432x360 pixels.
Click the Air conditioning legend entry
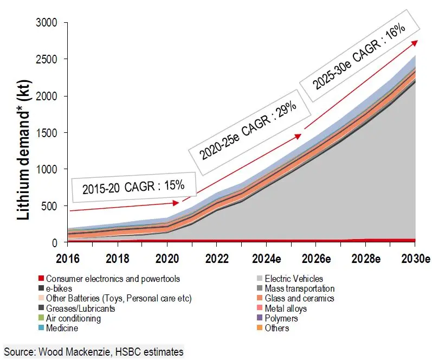tap(73, 318)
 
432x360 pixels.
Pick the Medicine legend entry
tap(61, 328)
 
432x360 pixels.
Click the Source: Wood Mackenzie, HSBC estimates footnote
tap(94, 352)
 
